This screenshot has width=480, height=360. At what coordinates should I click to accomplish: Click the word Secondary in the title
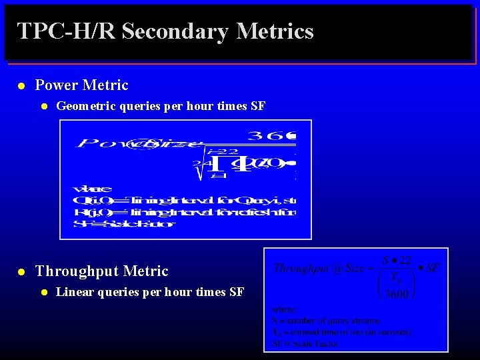point(175,31)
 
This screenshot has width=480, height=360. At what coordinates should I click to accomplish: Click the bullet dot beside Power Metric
point(21,86)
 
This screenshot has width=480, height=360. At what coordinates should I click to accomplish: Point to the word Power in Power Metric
point(54,85)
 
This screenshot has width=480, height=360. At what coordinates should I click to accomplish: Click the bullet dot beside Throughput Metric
point(21,272)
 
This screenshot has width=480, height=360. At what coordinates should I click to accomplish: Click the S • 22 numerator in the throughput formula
point(395,259)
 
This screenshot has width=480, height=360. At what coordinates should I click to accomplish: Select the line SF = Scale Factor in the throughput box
point(305,343)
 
